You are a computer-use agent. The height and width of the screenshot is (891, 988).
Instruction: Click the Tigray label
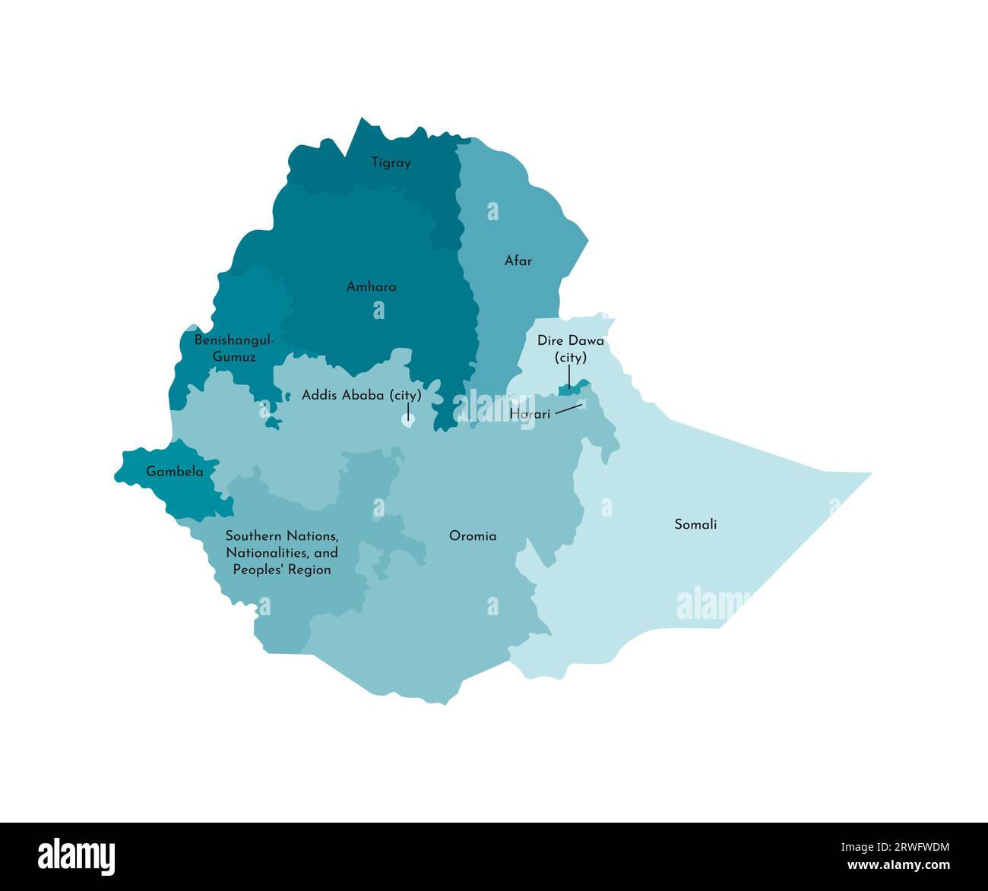(391, 163)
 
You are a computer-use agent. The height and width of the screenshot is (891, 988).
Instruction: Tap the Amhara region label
(371, 287)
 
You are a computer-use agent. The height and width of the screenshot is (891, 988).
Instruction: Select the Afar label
(518, 261)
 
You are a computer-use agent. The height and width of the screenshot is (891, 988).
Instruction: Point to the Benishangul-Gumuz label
(234, 349)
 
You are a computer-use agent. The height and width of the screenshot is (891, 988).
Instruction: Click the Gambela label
(175, 472)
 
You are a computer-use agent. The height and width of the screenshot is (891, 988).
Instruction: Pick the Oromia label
(473, 536)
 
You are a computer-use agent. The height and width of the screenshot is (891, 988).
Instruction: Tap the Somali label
(695, 524)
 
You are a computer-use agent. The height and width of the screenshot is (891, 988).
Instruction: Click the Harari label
(530, 415)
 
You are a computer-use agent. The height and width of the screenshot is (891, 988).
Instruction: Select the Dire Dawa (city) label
(571, 349)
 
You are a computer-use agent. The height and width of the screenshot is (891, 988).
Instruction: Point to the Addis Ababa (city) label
(361, 395)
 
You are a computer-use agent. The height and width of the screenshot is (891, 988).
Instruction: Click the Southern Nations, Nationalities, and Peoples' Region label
(282, 552)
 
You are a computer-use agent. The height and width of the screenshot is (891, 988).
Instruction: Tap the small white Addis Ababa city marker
(408, 420)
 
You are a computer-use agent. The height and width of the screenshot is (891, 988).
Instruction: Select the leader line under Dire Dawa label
(569, 376)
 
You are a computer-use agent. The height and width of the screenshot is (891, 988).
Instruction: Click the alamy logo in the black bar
(76, 855)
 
